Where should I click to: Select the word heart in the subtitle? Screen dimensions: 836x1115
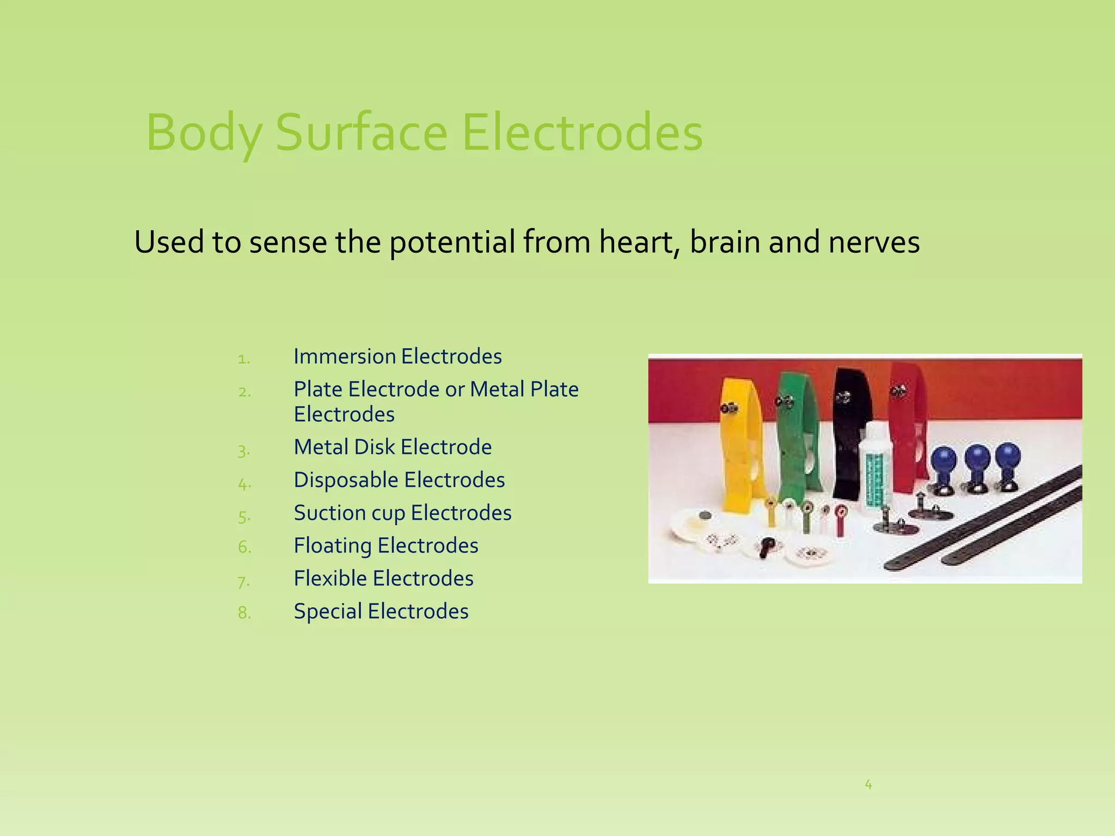point(639,242)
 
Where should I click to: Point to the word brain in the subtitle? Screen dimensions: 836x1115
point(725,242)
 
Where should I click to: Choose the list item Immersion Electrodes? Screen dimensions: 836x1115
point(397,356)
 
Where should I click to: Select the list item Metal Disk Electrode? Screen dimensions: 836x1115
point(393,447)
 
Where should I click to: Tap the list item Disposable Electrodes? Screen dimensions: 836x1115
point(399,480)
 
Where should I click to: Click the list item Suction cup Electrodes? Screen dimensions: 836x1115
point(402,513)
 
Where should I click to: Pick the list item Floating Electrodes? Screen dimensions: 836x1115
point(386,546)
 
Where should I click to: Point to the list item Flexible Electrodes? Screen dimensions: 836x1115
point(383,579)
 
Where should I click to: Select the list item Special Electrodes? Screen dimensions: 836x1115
point(381,612)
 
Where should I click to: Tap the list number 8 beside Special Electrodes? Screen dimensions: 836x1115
point(244,613)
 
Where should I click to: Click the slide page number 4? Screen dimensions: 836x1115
point(868,784)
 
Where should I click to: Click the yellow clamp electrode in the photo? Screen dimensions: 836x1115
point(738,446)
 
